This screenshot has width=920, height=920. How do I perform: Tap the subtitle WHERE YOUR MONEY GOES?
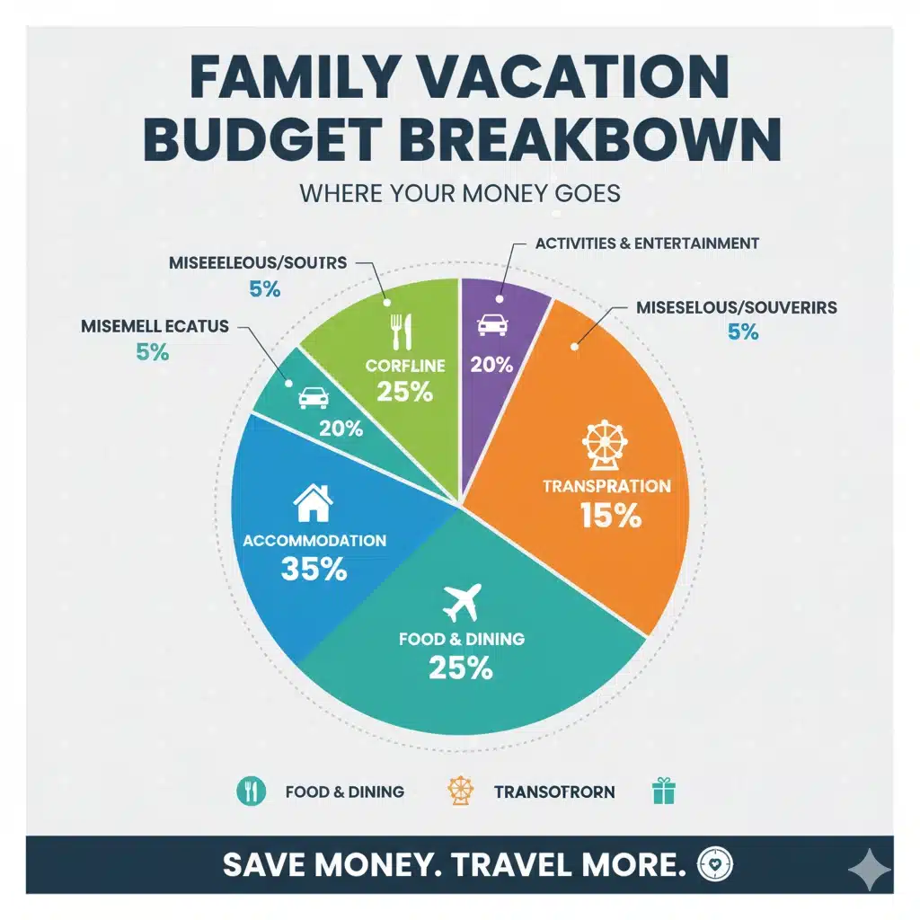[460, 193]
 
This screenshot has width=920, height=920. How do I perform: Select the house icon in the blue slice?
[314, 503]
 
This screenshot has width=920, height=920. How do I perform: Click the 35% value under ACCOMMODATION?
[314, 569]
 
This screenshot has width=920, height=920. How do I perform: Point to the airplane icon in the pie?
[463, 603]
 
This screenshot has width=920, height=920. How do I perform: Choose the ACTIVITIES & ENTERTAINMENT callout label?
[647, 243]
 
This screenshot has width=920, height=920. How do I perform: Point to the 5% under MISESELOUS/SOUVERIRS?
[743, 332]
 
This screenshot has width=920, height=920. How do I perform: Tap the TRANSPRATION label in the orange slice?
[606, 486]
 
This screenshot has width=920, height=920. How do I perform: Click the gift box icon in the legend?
[664, 791]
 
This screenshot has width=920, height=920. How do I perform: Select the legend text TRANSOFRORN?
[554, 792]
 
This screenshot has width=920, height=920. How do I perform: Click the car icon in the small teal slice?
[312, 396]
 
